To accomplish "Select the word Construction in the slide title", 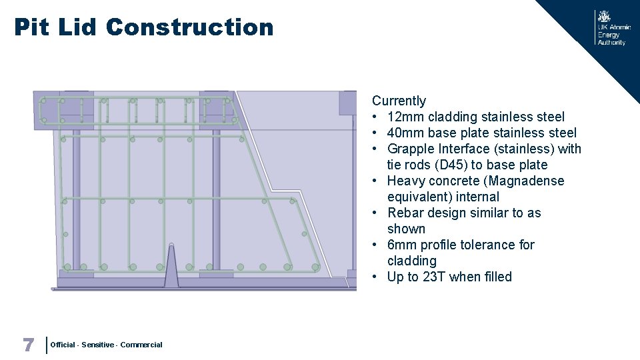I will click(189, 27).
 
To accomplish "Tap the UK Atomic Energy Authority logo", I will click(611, 28).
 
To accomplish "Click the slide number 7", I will click(28, 345).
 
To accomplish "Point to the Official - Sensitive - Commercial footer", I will click(106, 345).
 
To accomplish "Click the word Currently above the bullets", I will click(399, 101).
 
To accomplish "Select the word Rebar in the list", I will click(405, 213).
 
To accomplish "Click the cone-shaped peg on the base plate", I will click(171, 267).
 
